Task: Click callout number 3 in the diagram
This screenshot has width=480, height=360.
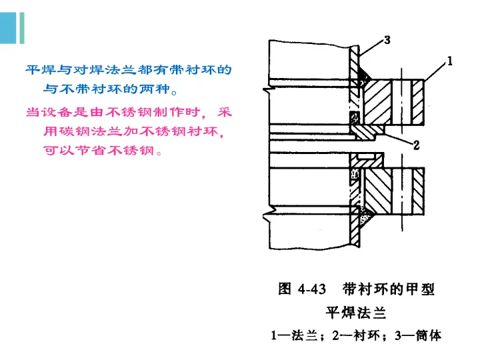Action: (387, 41)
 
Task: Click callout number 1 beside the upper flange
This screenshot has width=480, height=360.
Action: (450, 63)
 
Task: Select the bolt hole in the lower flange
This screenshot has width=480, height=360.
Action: (404, 191)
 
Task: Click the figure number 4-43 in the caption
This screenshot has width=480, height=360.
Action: (312, 289)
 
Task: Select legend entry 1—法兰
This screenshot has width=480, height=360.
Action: (291, 336)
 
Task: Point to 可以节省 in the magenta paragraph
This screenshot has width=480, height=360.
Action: (74, 150)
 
